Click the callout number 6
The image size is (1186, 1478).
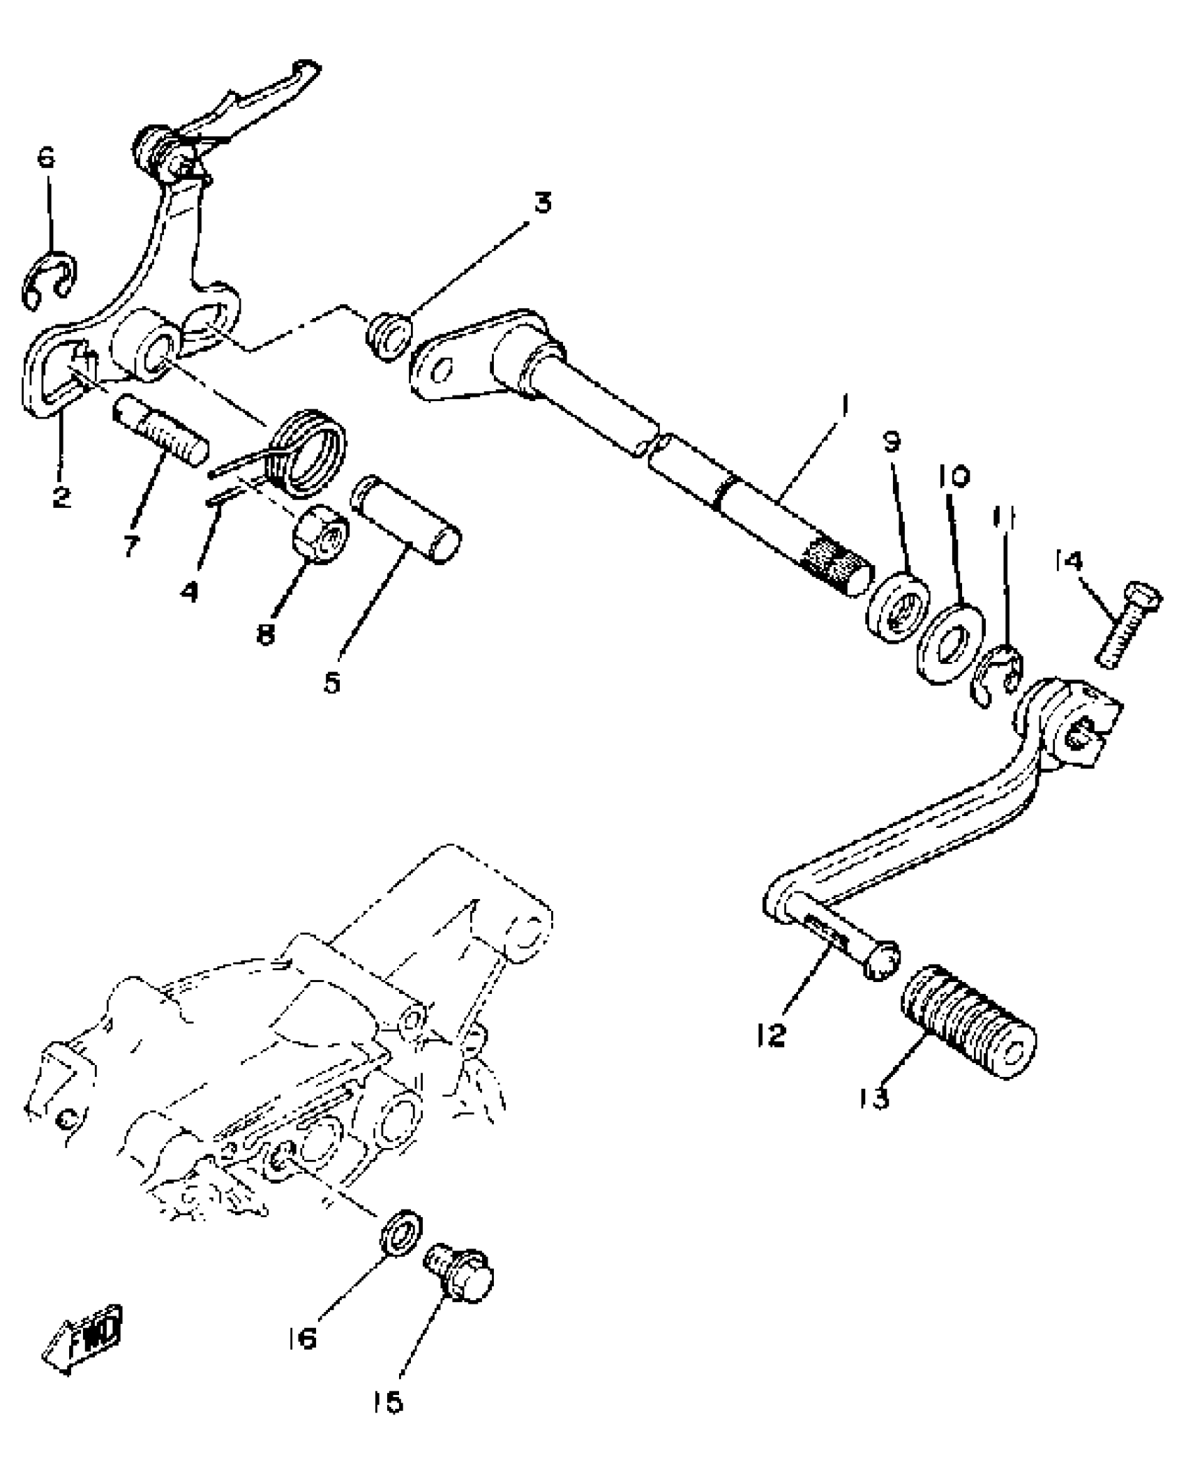coord(46,159)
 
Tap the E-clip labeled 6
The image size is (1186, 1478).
coord(50,279)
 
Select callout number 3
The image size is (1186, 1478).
coord(543,202)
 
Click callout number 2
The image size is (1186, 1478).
coord(61,496)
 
